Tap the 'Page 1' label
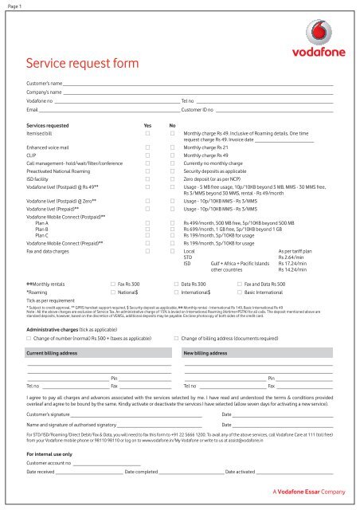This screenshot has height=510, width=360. (x=14, y=6)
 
